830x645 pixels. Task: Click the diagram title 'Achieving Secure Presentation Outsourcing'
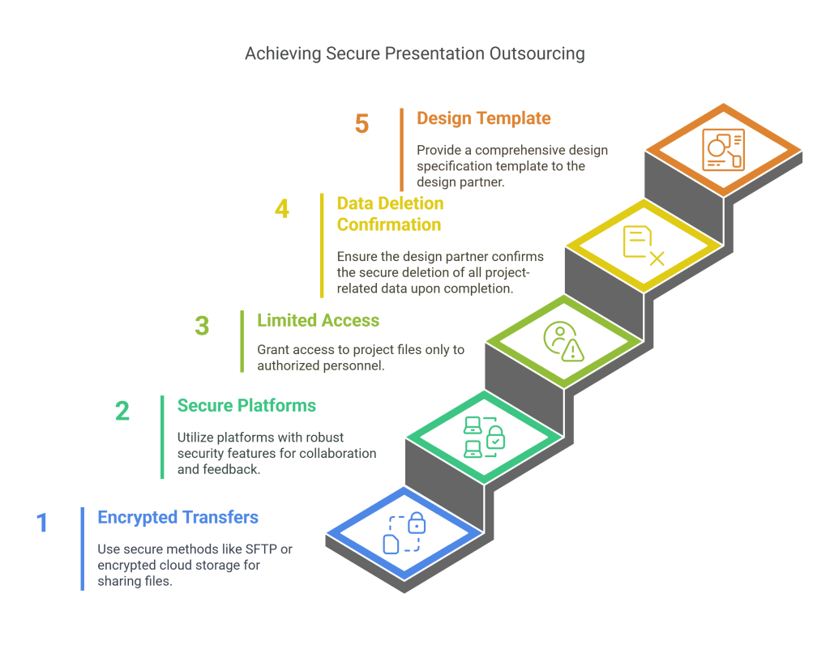414,54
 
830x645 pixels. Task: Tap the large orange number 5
362,124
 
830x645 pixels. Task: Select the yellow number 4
282,208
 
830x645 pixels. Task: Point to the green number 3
202,326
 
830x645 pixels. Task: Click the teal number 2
122,411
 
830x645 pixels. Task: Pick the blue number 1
42,523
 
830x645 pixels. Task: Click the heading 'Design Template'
483,118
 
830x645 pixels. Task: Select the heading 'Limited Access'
318,320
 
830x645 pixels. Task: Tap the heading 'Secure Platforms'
246,405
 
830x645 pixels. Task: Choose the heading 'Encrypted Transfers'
178,517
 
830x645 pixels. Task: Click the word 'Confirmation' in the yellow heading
389,224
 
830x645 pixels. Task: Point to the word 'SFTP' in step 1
262,549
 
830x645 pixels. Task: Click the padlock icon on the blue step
417,523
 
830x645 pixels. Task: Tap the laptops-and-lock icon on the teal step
485,438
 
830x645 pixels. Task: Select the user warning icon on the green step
564,342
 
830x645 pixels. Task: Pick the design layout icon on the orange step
723,150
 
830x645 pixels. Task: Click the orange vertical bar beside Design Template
402,150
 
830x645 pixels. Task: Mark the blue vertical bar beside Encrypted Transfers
83,549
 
